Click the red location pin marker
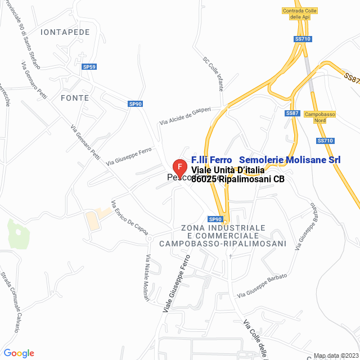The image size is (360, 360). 179,168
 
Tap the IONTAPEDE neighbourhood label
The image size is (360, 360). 65,32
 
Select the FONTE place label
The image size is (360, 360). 74,97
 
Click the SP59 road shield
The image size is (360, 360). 89,67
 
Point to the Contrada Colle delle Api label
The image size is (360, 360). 300,14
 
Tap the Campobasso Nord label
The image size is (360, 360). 319,117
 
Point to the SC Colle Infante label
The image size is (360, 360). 214,73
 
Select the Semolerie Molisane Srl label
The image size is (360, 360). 290,160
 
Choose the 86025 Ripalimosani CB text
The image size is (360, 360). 238,179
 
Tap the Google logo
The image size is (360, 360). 19,353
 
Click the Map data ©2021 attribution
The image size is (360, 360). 335,355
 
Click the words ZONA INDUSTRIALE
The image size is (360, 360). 223,227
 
